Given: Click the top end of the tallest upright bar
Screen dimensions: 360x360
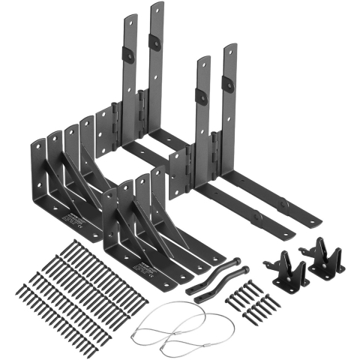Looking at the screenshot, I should [x=157, y=7].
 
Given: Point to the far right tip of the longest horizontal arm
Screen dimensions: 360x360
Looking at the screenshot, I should [x=319, y=222].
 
